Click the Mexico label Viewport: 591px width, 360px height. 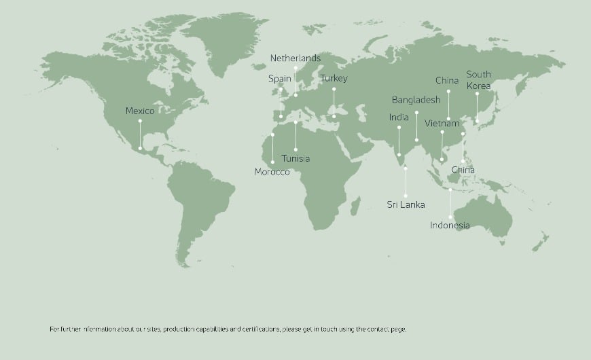[x=140, y=111]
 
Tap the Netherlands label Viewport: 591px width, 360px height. [x=295, y=58]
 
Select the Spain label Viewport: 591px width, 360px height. [x=280, y=79]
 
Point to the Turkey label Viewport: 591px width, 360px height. [x=334, y=79]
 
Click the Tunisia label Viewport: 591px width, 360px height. [x=295, y=159]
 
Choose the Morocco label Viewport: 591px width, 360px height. [x=272, y=173]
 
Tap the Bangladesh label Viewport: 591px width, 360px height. [x=416, y=100]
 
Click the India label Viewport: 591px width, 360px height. [x=399, y=118]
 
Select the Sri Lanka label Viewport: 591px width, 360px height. [x=406, y=204]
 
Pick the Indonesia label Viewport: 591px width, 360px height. [x=450, y=226]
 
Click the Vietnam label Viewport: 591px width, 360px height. [x=442, y=124]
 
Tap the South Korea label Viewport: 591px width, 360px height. [x=478, y=80]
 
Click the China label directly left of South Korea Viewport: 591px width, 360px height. [x=447, y=81]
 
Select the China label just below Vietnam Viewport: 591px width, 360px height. [x=463, y=170]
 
